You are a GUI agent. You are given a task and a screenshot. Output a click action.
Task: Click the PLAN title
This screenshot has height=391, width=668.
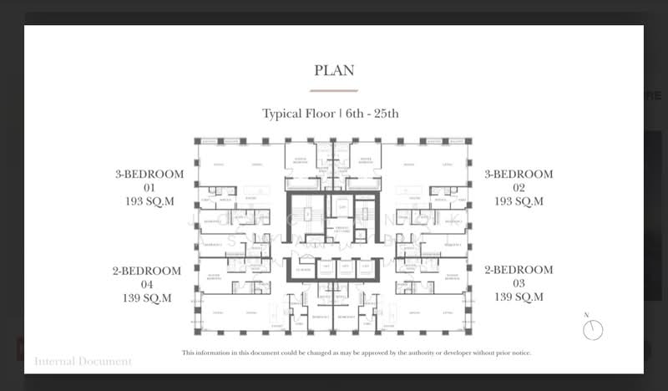tap(334, 70)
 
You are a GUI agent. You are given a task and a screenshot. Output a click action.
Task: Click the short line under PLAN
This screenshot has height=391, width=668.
tap(334, 90)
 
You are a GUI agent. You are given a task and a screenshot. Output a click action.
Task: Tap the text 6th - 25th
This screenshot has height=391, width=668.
tap(372, 114)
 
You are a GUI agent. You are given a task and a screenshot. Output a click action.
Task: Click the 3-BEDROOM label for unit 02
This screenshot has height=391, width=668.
tap(519, 175)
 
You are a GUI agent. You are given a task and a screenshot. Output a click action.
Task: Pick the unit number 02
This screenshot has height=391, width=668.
tap(519, 188)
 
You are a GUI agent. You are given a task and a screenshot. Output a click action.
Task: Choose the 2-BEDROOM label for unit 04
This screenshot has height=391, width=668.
tap(147, 271)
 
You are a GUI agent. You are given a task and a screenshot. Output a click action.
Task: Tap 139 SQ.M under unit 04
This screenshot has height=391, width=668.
tap(147, 297)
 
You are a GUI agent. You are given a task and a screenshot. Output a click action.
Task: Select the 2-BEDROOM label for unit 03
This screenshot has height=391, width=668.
tap(519, 271)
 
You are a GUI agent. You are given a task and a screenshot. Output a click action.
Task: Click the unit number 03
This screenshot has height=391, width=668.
tap(519, 284)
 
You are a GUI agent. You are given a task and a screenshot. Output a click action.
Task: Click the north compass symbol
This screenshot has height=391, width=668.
tap(593, 329)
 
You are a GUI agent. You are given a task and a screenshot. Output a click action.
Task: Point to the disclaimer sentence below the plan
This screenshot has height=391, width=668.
tap(357, 353)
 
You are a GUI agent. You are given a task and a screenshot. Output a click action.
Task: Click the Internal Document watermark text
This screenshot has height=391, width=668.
tap(83, 362)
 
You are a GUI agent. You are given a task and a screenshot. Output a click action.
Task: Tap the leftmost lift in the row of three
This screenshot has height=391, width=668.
tap(326, 268)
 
